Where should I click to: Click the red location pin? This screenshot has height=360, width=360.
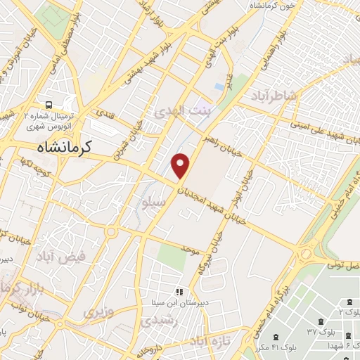coord(181,165)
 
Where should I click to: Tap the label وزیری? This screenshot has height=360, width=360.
coord(98,310)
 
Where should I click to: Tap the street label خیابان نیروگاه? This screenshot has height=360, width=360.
coord(209,254)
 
